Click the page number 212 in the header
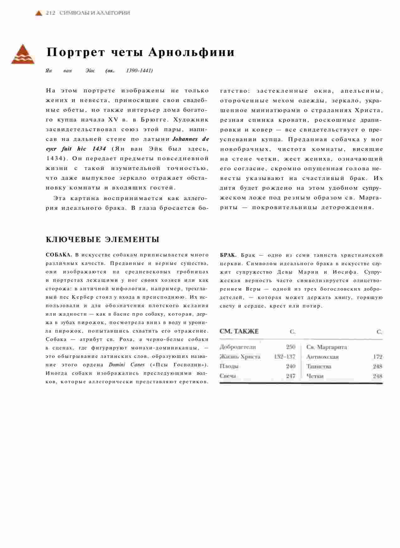51,13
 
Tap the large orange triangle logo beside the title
23,54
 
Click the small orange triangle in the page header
39,13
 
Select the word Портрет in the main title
76,52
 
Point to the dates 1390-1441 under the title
139,70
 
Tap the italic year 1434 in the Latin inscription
99,149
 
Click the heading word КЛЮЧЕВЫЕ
73,240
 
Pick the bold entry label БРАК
228,255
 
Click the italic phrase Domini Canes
127,364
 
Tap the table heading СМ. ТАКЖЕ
239,331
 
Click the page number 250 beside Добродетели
291,347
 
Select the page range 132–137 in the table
285,357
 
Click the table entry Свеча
228,376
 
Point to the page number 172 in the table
377,357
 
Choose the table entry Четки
315,376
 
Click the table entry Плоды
229,366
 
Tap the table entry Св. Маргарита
327,347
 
